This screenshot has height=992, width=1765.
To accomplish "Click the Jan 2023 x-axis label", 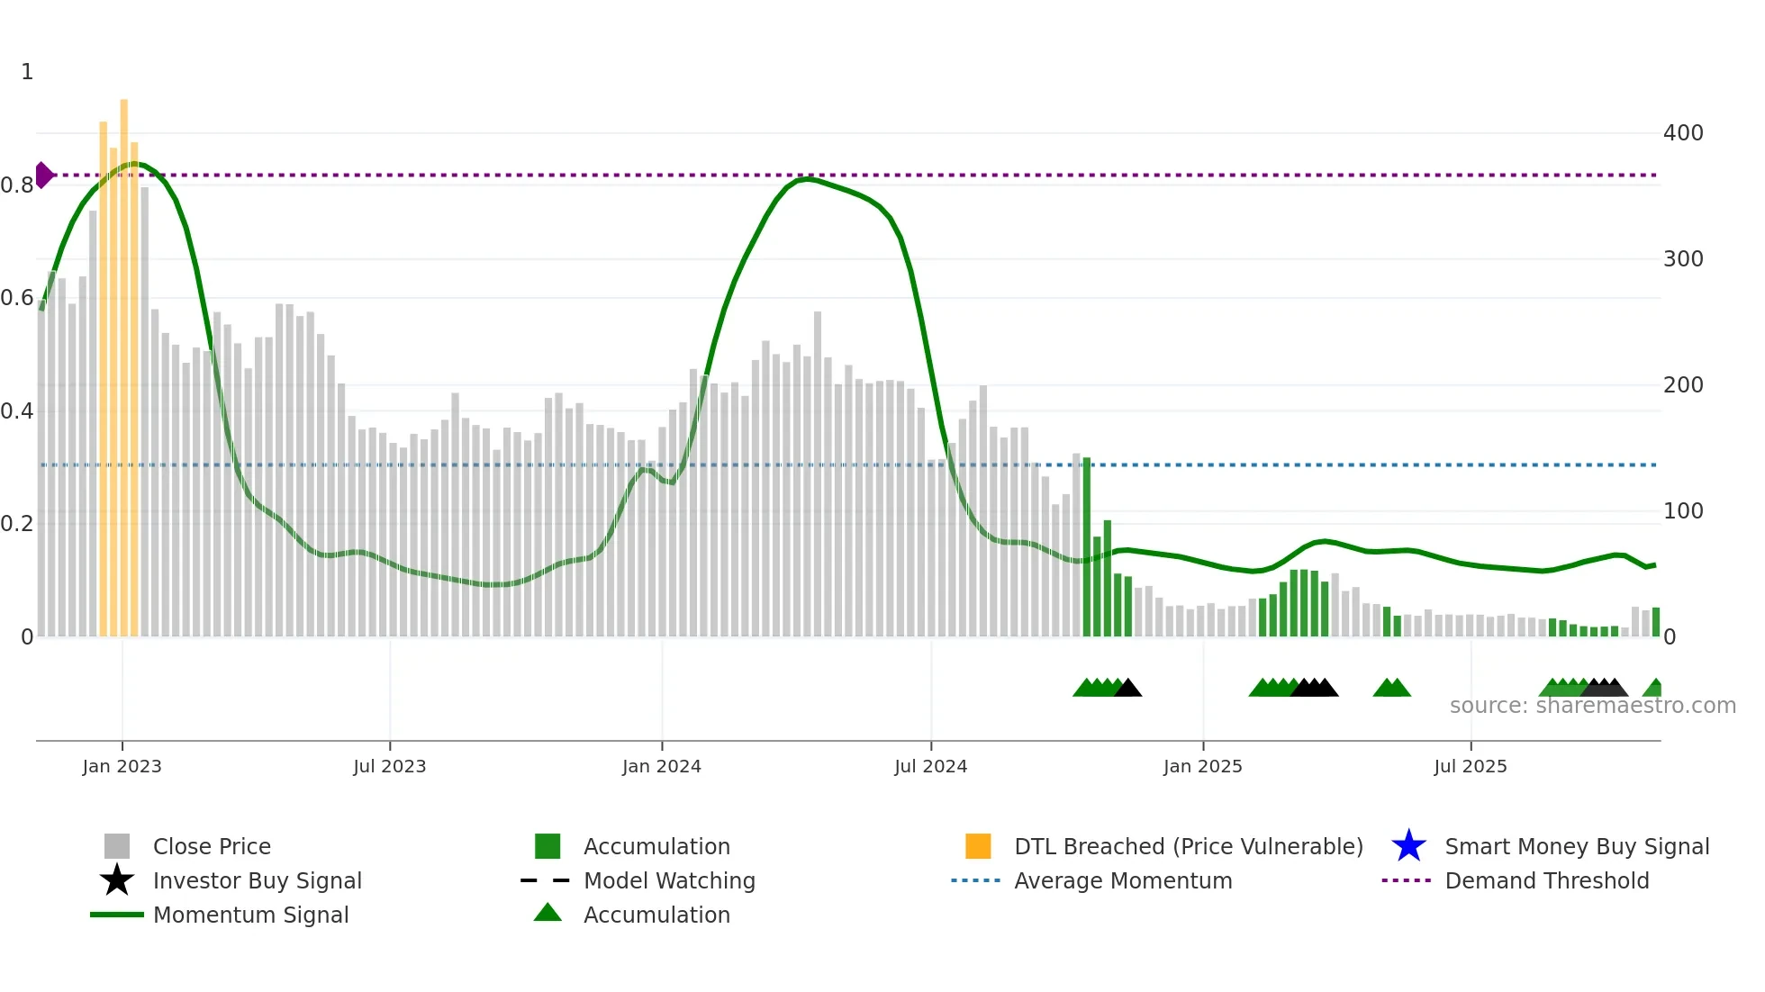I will point(122,766).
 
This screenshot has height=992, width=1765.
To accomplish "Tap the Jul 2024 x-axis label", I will point(930,766).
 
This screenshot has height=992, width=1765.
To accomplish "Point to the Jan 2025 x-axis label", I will point(1202,766).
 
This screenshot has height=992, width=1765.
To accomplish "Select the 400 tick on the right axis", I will point(1682,133).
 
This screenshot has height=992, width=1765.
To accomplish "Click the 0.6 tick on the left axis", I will point(17,298).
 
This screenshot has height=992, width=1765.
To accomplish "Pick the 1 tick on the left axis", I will point(27,72).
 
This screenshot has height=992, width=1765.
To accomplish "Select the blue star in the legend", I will point(1408,846).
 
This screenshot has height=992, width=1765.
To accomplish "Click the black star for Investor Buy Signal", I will point(117,880).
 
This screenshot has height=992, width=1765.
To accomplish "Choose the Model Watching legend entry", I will point(669,880).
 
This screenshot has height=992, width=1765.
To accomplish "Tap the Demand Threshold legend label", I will point(1546,880).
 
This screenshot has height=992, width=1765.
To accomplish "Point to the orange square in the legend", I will point(978,846).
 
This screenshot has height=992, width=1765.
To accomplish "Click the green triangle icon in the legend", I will point(548,913).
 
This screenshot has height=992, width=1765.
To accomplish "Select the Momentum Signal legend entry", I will point(250,915).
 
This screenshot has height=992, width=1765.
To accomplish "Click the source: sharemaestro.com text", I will point(1592,706).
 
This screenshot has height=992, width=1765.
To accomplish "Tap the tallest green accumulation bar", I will point(1087,546).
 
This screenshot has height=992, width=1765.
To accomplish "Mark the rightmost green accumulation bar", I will point(1655,622).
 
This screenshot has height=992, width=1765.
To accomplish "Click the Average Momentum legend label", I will point(1123,880).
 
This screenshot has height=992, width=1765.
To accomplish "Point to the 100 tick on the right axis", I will point(1682,511).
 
